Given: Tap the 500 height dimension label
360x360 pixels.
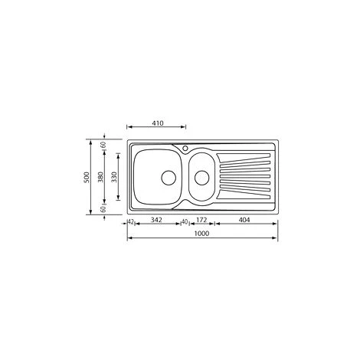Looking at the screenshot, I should (x=87, y=177).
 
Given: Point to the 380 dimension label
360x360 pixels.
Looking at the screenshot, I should (x=103, y=177).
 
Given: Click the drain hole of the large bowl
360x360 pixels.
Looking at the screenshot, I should (x=166, y=178).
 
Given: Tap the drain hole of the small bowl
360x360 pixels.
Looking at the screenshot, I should (x=202, y=178).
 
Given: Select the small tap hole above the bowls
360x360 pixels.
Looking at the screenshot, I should (x=185, y=147).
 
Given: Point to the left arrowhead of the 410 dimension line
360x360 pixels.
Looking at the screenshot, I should (x=129, y=128).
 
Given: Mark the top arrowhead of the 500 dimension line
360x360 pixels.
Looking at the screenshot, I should (x=93, y=142).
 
